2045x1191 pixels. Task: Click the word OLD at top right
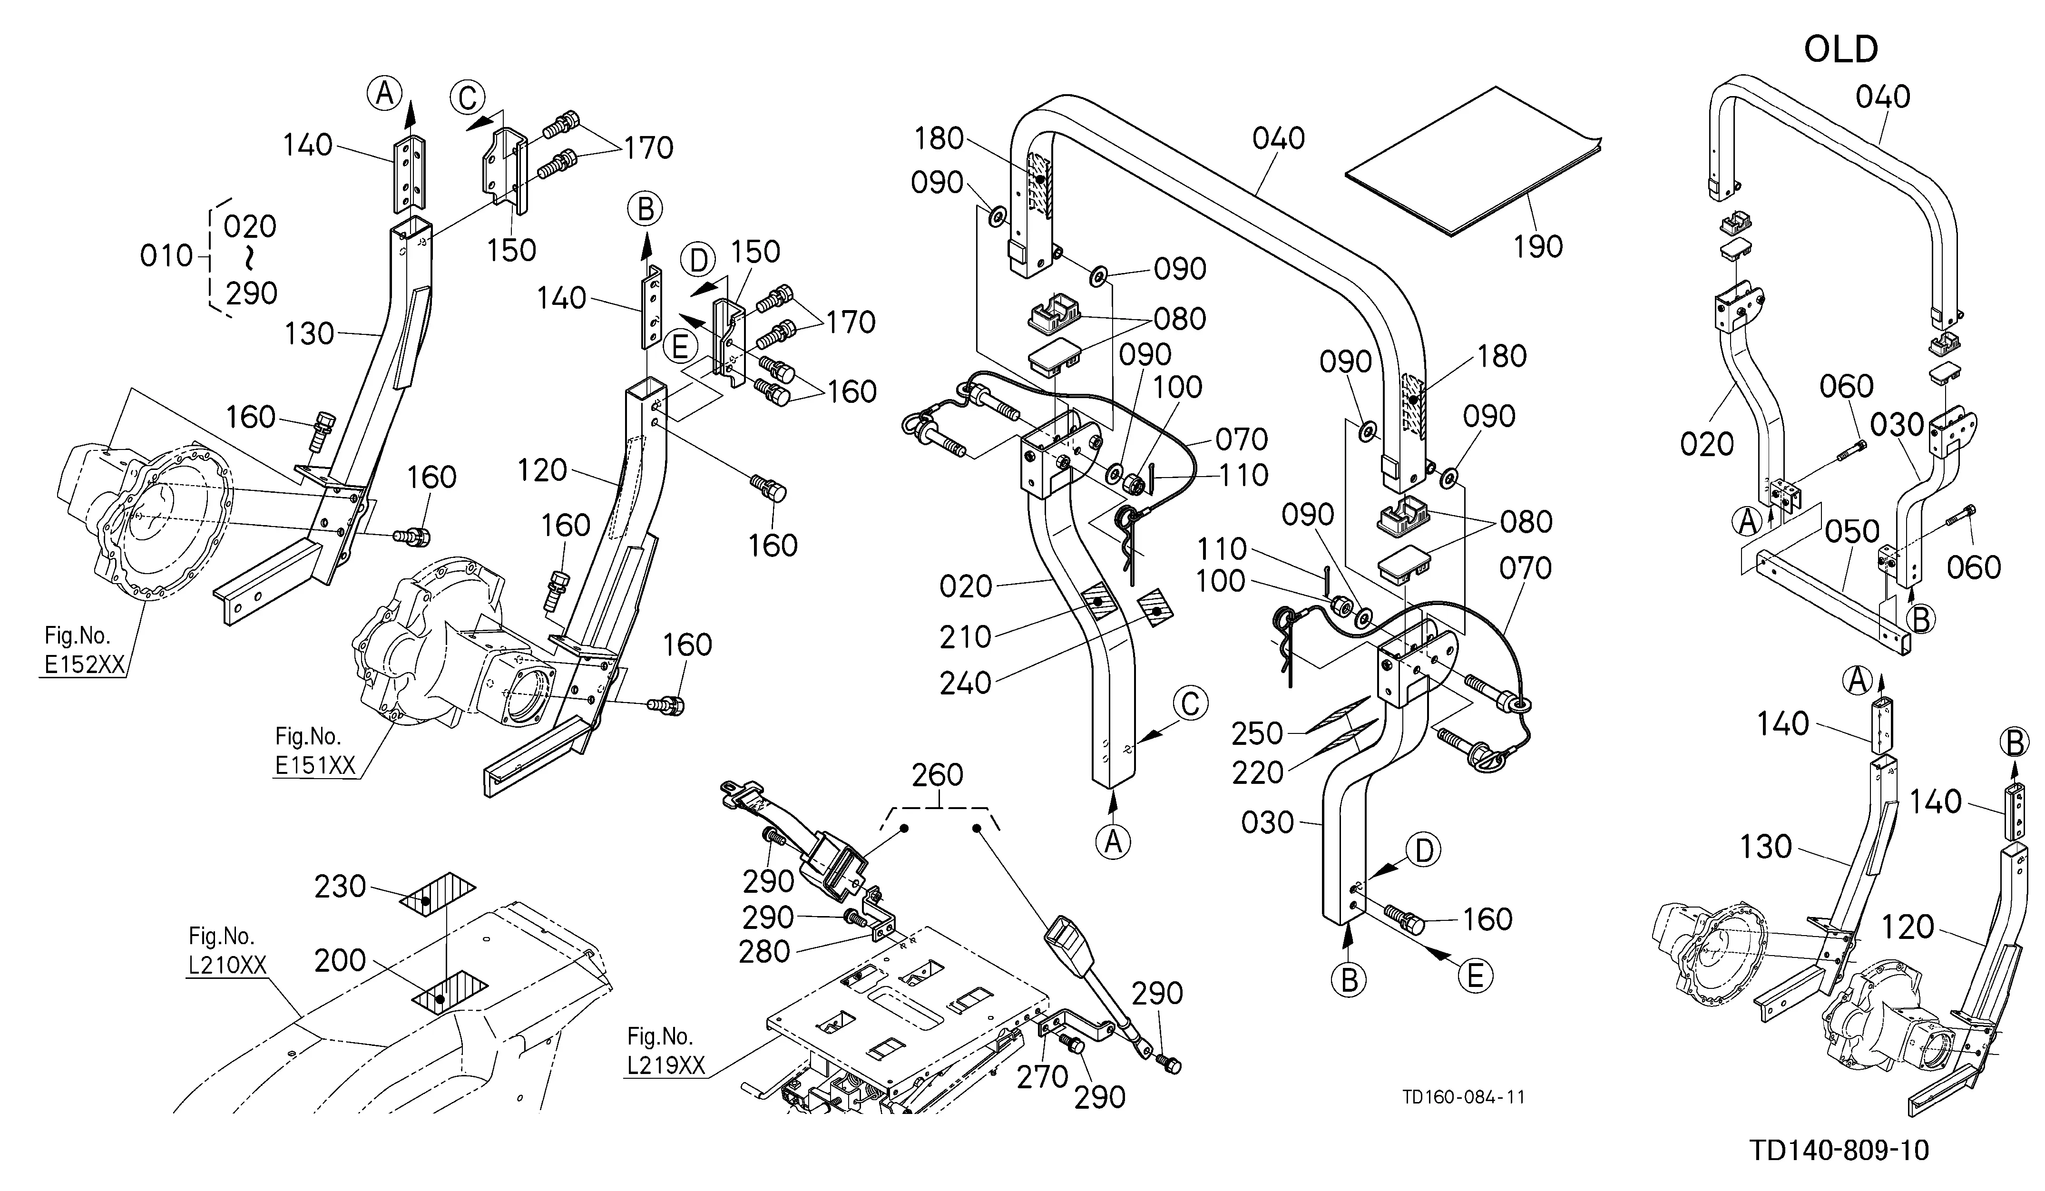pyautogui.click(x=1840, y=49)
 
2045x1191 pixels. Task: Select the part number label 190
pyautogui.click(x=1538, y=246)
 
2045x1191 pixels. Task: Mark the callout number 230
pyautogui.click(x=340, y=886)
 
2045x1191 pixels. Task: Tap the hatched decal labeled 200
pyautogui.click(x=449, y=991)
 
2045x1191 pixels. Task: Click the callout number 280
pyautogui.click(x=764, y=952)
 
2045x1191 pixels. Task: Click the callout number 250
pyautogui.click(x=1257, y=733)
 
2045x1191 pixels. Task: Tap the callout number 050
pyautogui.click(x=1853, y=531)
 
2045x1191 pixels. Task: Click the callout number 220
pyautogui.click(x=1258, y=773)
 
